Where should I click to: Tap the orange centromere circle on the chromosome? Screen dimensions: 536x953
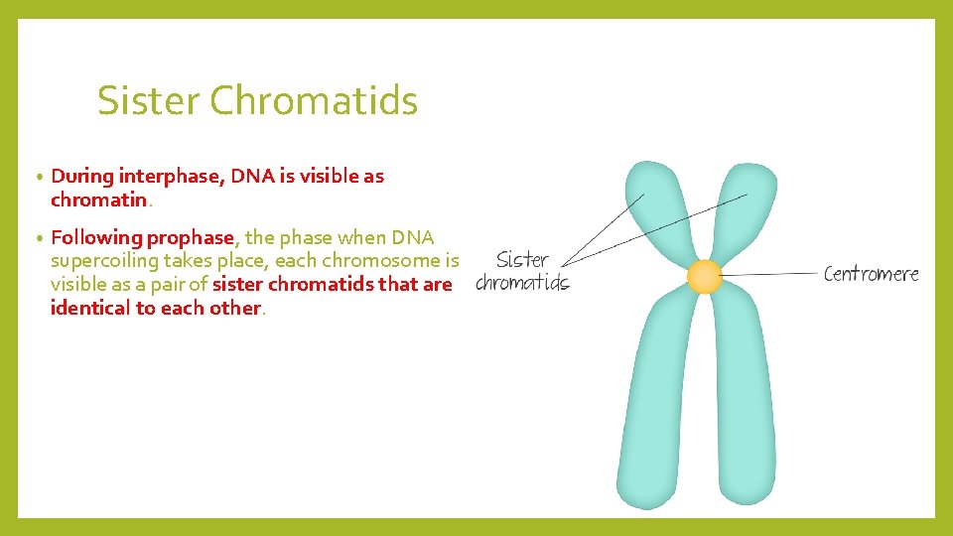(x=704, y=277)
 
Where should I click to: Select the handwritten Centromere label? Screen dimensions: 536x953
(x=871, y=274)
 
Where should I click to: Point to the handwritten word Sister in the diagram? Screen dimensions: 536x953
(x=522, y=260)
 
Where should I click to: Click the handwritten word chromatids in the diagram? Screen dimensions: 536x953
(x=522, y=284)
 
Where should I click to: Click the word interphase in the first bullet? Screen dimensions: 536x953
(x=172, y=177)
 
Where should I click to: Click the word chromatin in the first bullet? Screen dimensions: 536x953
(x=98, y=201)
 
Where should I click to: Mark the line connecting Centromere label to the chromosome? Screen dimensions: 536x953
(x=769, y=274)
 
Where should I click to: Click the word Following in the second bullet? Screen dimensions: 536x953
(x=96, y=237)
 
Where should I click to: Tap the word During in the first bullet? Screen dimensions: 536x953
(x=82, y=177)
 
